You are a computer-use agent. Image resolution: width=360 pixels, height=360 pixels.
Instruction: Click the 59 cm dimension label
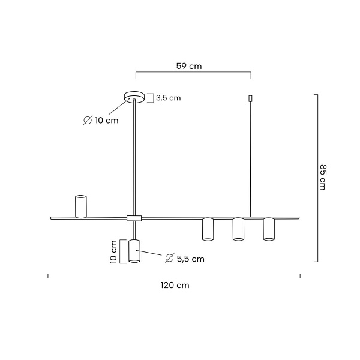click(189, 66)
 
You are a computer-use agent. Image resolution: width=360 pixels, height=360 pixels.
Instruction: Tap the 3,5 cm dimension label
click(168, 98)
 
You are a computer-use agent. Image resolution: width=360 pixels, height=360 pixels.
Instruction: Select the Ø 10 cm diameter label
click(101, 121)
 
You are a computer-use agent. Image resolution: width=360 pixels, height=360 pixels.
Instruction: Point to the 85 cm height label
click(323, 177)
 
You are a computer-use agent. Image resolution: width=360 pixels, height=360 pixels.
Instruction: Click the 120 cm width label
click(175, 286)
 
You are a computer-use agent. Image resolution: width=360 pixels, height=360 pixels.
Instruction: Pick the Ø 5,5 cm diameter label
click(185, 259)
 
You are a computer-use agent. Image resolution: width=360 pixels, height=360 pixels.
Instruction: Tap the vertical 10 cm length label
click(113, 251)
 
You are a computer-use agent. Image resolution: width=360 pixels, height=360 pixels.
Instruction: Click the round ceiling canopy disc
click(134, 97)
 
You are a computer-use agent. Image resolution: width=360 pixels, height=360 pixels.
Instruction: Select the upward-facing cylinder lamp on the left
click(81, 206)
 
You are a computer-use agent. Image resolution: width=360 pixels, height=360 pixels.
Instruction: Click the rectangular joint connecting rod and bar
click(134, 218)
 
